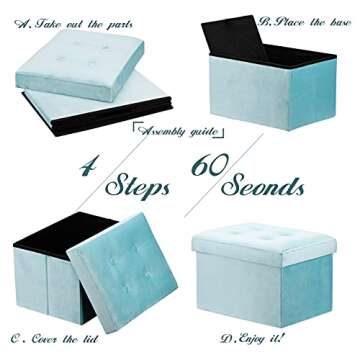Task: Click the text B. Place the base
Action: tap(305, 20)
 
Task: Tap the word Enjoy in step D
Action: tap(259, 337)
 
